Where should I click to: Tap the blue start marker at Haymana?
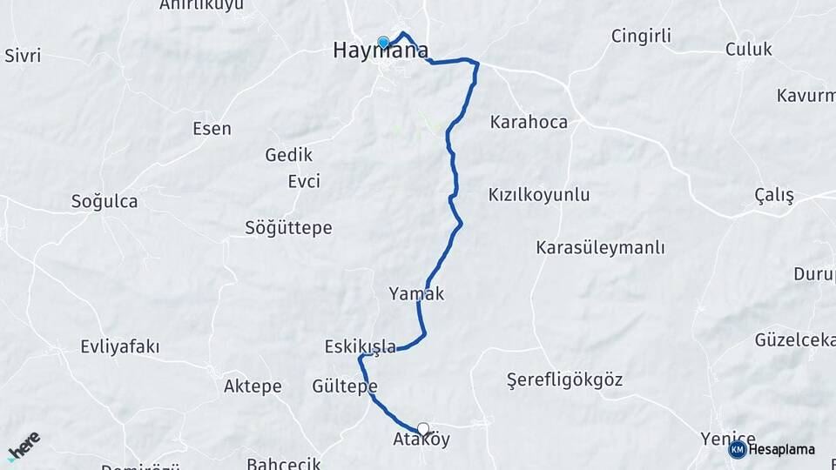pos(383,42)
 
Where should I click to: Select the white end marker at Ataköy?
pos(423,428)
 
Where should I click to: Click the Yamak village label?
pos(416,294)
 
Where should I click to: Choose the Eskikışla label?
pos(360,346)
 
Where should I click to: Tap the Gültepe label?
pos(344,386)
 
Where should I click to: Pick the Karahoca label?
pos(529,122)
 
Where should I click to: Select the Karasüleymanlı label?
pos(588,247)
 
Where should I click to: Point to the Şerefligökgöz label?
pos(564,380)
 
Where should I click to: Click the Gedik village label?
pos(287,156)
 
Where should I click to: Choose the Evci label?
pos(304,182)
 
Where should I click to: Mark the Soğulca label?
pos(104,202)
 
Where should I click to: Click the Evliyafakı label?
pos(119,347)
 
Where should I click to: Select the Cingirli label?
pos(641,37)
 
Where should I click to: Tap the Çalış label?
pos(774,196)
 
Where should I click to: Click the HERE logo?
pos(23,446)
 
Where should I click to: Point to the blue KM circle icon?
pos(737,449)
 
